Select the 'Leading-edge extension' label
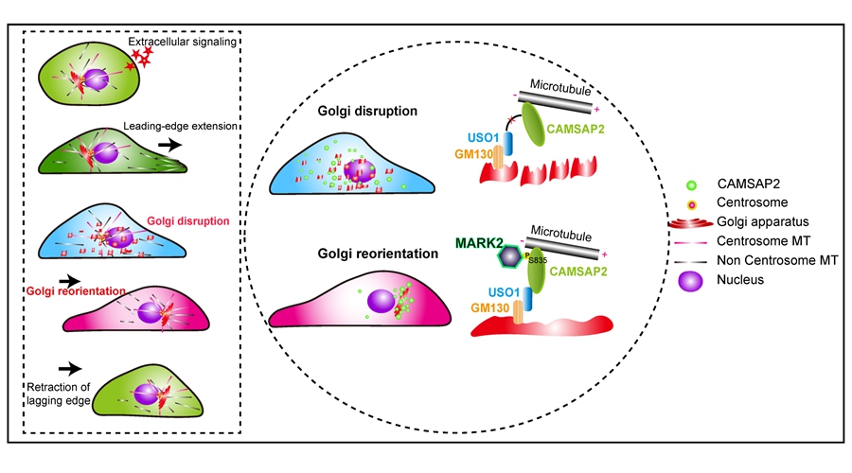coord(180,127)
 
